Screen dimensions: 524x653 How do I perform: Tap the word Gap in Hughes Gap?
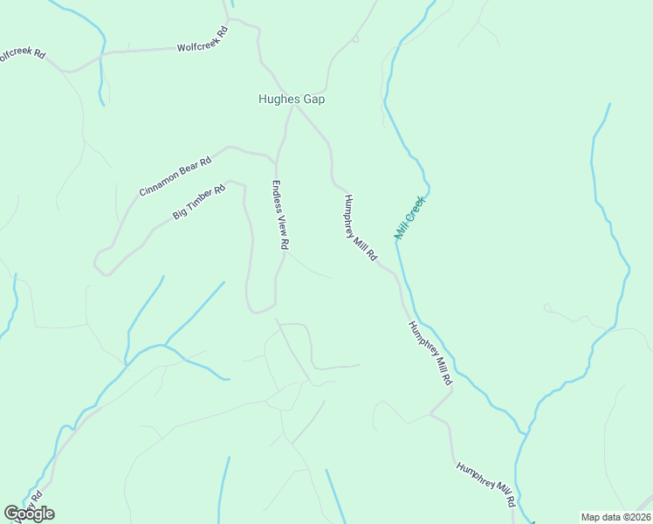[314, 100]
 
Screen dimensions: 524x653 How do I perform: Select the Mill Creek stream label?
[409, 217]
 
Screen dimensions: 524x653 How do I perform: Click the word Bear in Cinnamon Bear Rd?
[191, 166]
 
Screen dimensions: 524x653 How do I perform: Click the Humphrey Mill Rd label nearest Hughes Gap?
[359, 227]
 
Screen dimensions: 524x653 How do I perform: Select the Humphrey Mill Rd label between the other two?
[431, 354]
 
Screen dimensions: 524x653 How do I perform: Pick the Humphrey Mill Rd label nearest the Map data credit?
[485, 486]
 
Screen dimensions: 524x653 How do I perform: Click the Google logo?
[29, 514]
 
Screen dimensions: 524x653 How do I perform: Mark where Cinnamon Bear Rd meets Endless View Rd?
[277, 158]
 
